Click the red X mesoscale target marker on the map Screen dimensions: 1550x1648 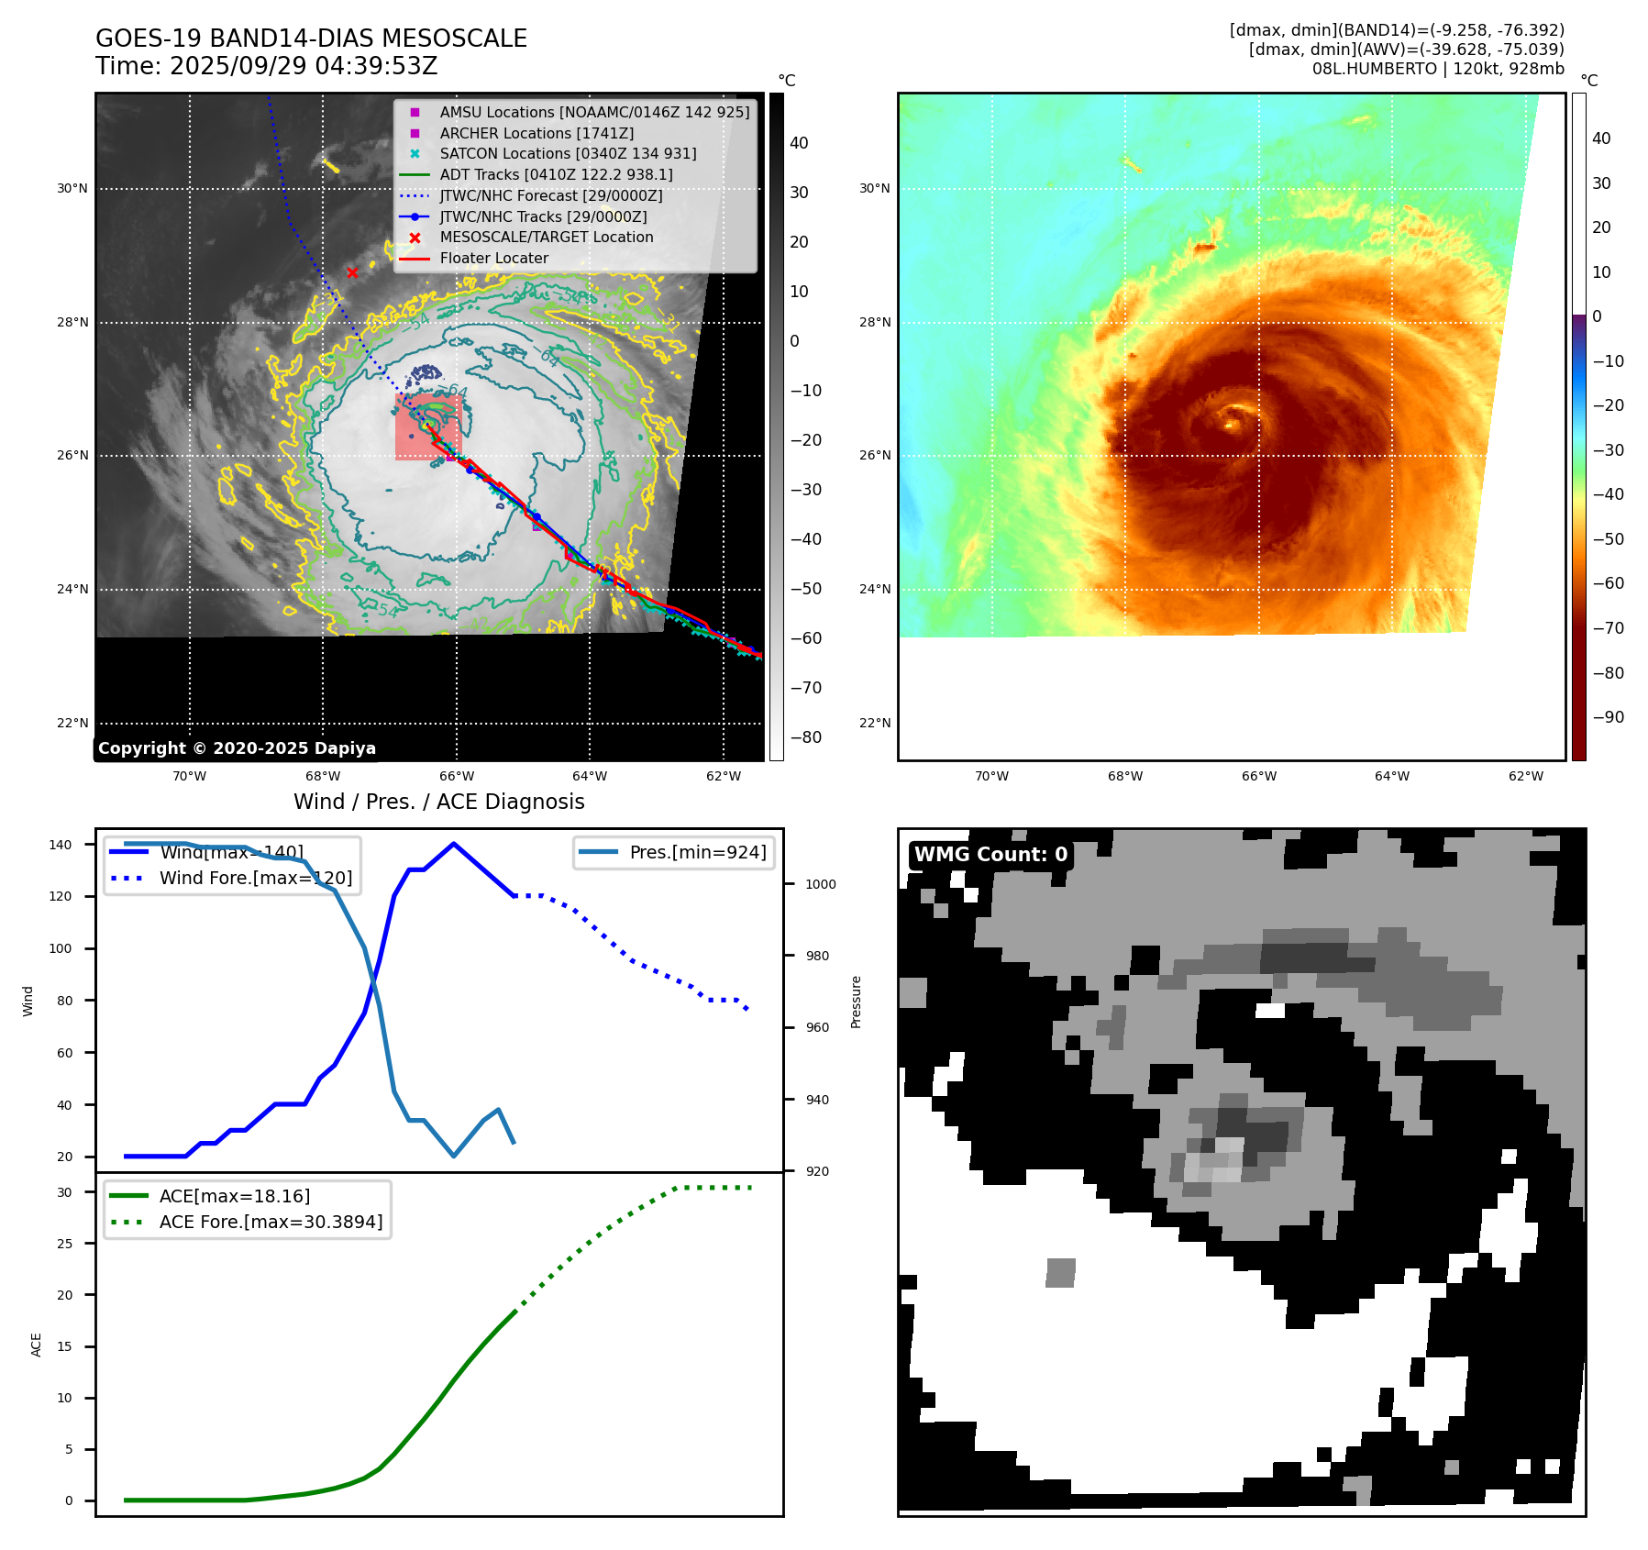tap(352, 272)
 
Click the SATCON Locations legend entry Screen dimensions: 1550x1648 tap(568, 154)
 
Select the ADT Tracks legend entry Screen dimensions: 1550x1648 tap(556, 174)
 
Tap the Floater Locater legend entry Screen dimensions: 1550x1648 tap(493, 259)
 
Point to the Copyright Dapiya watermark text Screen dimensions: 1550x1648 tap(237, 748)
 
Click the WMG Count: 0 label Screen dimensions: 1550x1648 tap(990, 855)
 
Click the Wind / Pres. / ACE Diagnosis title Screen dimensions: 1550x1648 tap(438, 802)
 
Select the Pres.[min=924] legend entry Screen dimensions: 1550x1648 tap(697, 852)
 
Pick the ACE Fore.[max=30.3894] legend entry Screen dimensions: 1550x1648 tap(271, 1222)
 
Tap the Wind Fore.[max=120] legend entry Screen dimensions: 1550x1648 tap(255, 878)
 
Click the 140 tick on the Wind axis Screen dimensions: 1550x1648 tap(61, 845)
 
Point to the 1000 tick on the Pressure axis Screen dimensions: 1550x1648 tap(821, 884)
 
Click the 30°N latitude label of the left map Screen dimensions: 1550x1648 tap(72, 189)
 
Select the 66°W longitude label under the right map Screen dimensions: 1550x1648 tap(1258, 776)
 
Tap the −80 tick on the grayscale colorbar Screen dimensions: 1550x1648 tap(806, 737)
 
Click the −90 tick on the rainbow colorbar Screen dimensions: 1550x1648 tap(1608, 717)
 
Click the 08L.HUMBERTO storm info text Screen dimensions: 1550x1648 tap(1437, 69)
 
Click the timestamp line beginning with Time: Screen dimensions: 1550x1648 tap(266, 66)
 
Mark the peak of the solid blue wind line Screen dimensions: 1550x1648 tap(454, 844)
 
